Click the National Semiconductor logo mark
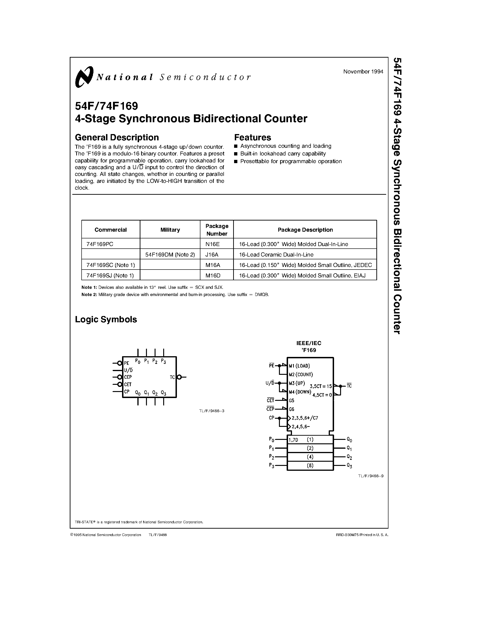(x=84, y=77)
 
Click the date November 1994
(x=363, y=72)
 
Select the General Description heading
(x=117, y=138)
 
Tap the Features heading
(x=252, y=138)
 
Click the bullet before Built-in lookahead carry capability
(x=236, y=154)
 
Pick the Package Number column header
(x=217, y=230)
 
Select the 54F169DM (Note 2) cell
(x=170, y=254)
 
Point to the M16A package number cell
(x=213, y=265)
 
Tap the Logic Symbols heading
(x=106, y=319)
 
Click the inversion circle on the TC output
(x=179, y=377)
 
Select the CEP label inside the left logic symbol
(x=128, y=377)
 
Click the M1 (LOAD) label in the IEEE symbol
(x=299, y=366)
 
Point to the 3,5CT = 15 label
(x=321, y=386)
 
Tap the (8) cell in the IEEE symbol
(x=310, y=465)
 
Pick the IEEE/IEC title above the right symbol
(x=309, y=343)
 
